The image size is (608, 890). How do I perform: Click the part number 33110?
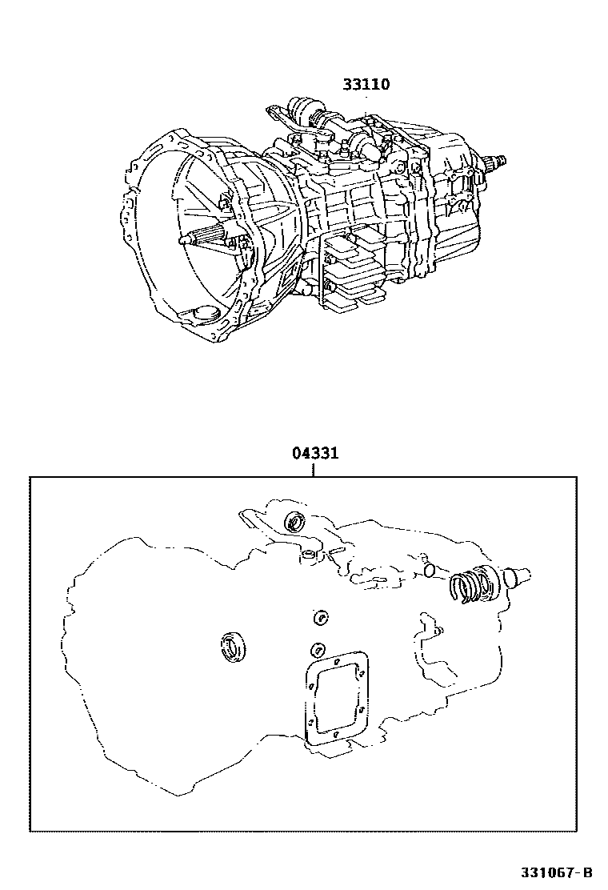click(366, 84)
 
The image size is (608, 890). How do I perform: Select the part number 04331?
click(314, 454)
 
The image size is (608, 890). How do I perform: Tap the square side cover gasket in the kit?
click(338, 699)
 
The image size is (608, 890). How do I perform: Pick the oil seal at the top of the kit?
click(295, 522)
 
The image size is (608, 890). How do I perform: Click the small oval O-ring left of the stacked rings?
click(430, 570)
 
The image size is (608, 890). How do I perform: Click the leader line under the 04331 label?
click(314, 470)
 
